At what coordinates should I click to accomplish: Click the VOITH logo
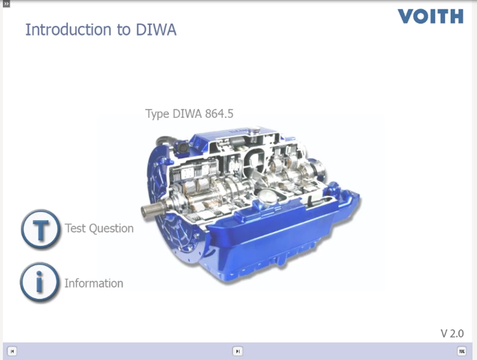pos(430,16)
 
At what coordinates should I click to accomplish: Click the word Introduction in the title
pos(68,30)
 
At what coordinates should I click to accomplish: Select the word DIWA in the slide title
pos(156,30)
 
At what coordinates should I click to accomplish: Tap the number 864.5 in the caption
pos(219,114)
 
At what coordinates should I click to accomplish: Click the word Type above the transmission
pos(157,114)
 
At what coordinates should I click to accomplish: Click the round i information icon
pos(39,282)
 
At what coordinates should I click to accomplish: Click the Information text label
pos(94,283)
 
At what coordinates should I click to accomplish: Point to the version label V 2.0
pos(452,333)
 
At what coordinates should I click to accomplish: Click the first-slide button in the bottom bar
pos(12,351)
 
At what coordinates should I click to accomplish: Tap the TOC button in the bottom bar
pos(461,351)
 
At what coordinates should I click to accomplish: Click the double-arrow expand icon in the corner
pos(6,4)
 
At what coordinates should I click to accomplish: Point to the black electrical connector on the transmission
pos(183,148)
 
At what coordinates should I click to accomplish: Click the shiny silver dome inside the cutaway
pos(268,196)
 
